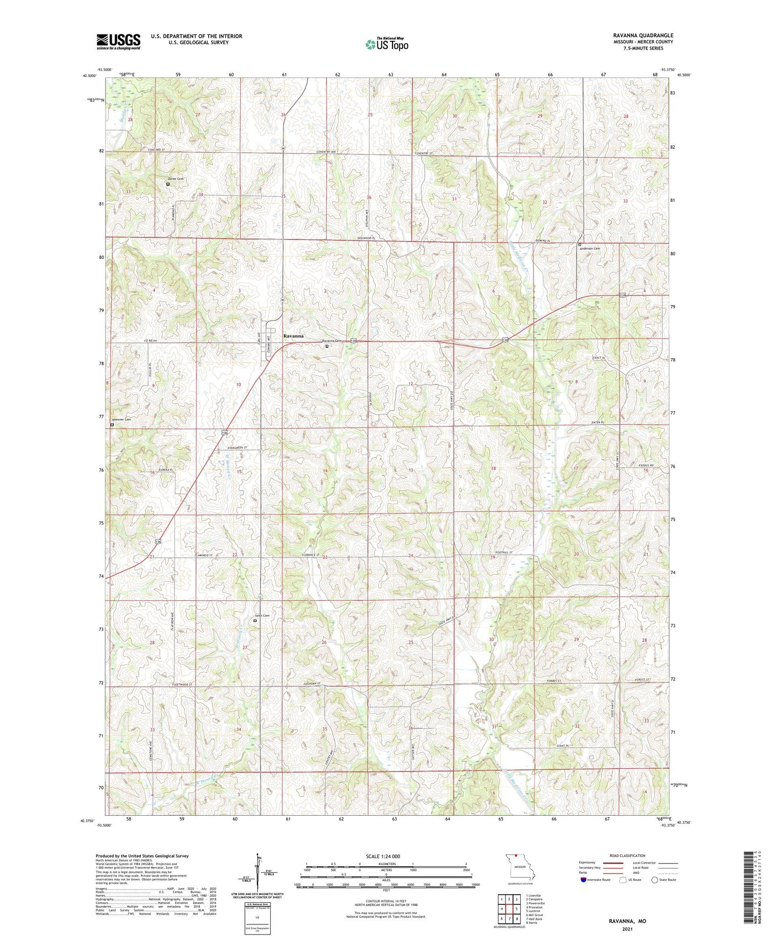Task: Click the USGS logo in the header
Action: click(x=118, y=41)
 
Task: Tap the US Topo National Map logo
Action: click(x=387, y=44)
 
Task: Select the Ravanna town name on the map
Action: click(x=293, y=336)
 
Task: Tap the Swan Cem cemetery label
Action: click(x=262, y=615)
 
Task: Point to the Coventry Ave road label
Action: click(x=326, y=152)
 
